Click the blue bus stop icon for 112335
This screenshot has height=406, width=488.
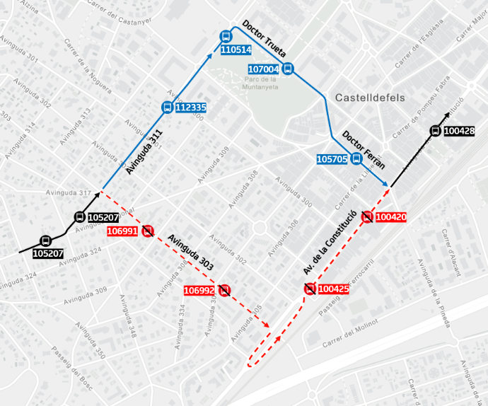click(167, 108)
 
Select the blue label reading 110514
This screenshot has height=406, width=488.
click(235, 50)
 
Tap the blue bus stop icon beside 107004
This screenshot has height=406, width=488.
click(288, 69)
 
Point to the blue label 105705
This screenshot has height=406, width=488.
click(332, 160)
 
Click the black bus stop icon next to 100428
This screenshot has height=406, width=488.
click(435, 130)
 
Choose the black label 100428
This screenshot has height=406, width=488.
click(459, 130)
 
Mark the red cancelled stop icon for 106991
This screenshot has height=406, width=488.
click(148, 230)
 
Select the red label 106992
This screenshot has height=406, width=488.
click(199, 290)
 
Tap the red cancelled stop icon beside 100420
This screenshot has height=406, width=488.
click(367, 217)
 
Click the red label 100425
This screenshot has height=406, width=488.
click(334, 289)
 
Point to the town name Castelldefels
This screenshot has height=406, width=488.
click(370, 98)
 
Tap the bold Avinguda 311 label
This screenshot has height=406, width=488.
click(144, 151)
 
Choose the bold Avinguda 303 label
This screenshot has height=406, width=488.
click(191, 252)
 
